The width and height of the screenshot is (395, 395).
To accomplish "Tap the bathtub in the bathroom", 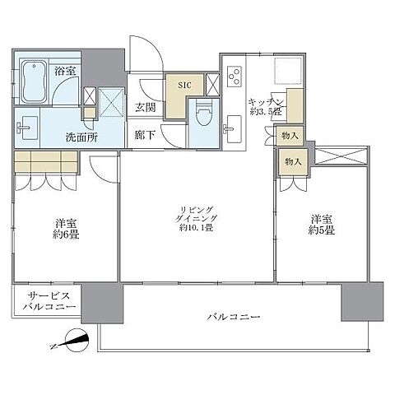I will (33, 81).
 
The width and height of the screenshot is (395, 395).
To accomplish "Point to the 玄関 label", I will (146, 107).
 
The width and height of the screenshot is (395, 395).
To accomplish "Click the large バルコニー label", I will (233, 317).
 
